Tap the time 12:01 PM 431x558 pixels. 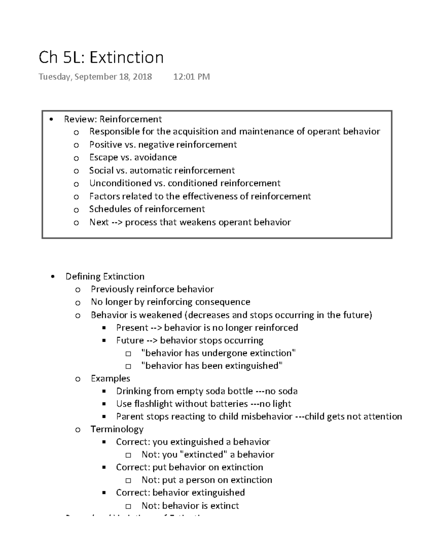tap(191, 77)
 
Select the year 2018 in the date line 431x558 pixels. tap(142, 77)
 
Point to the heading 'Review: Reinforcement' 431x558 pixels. tap(113, 119)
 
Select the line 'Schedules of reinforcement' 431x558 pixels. tap(147, 209)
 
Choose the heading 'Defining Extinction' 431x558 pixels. tap(105, 276)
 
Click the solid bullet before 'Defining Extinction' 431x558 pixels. tap(53, 277)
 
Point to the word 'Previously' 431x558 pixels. tap(112, 289)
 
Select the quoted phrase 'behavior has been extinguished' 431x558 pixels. tap(212, 366)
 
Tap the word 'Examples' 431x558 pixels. tap(110, 378)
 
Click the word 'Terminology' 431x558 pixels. tap(117, 429)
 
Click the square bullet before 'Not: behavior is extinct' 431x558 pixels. tap(129, 506)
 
